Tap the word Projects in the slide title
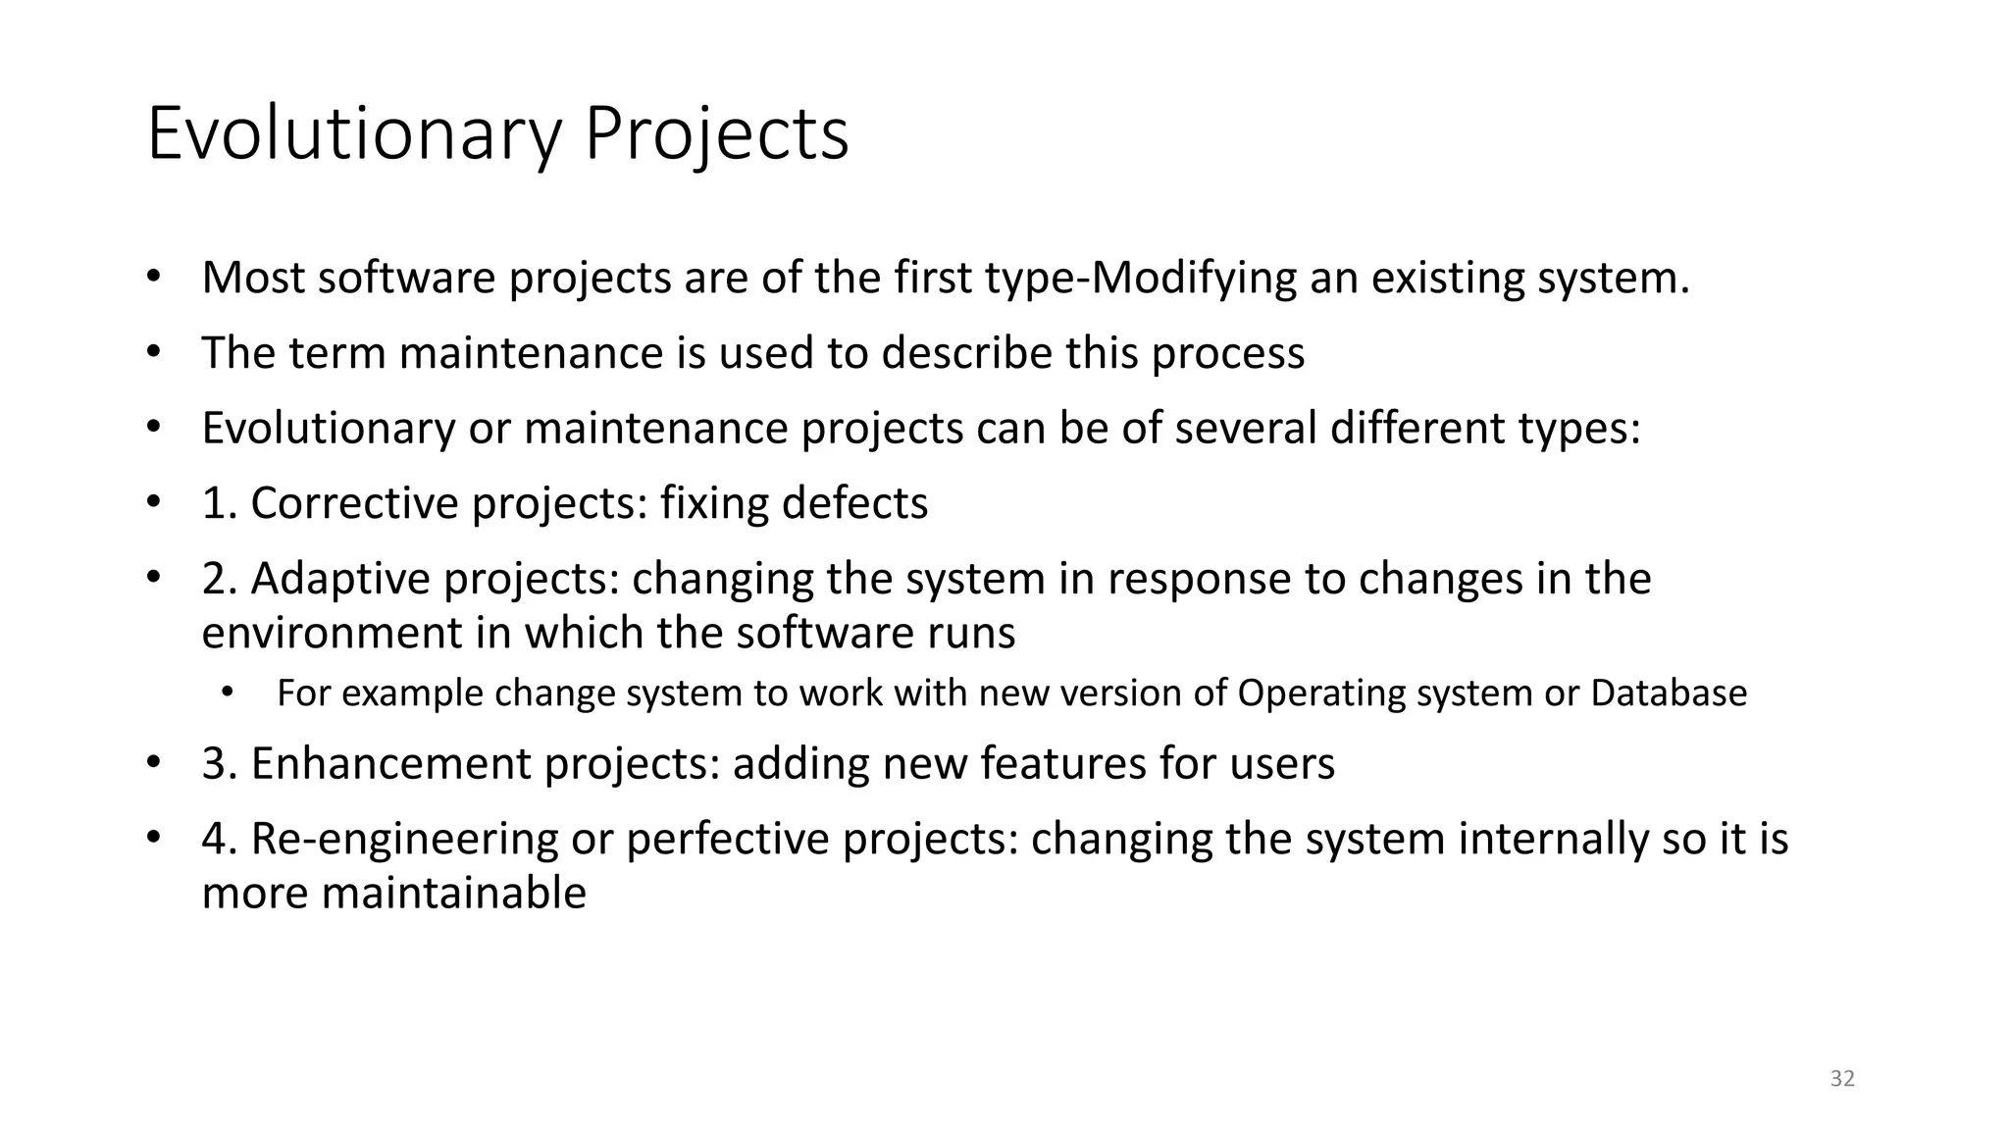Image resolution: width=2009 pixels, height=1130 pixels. coord(716,134)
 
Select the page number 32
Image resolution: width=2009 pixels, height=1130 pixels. coord(1842,1079)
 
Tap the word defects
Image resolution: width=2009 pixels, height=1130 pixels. coord(854,503)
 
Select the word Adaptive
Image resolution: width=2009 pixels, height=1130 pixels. coord(340,579)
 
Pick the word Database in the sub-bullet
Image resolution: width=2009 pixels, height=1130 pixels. coord(1668,693)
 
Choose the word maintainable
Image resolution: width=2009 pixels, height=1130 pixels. coord(453,894)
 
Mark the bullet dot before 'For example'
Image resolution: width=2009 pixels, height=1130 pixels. coord(228,693)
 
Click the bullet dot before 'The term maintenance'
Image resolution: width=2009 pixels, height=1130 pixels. coord(153,352)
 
